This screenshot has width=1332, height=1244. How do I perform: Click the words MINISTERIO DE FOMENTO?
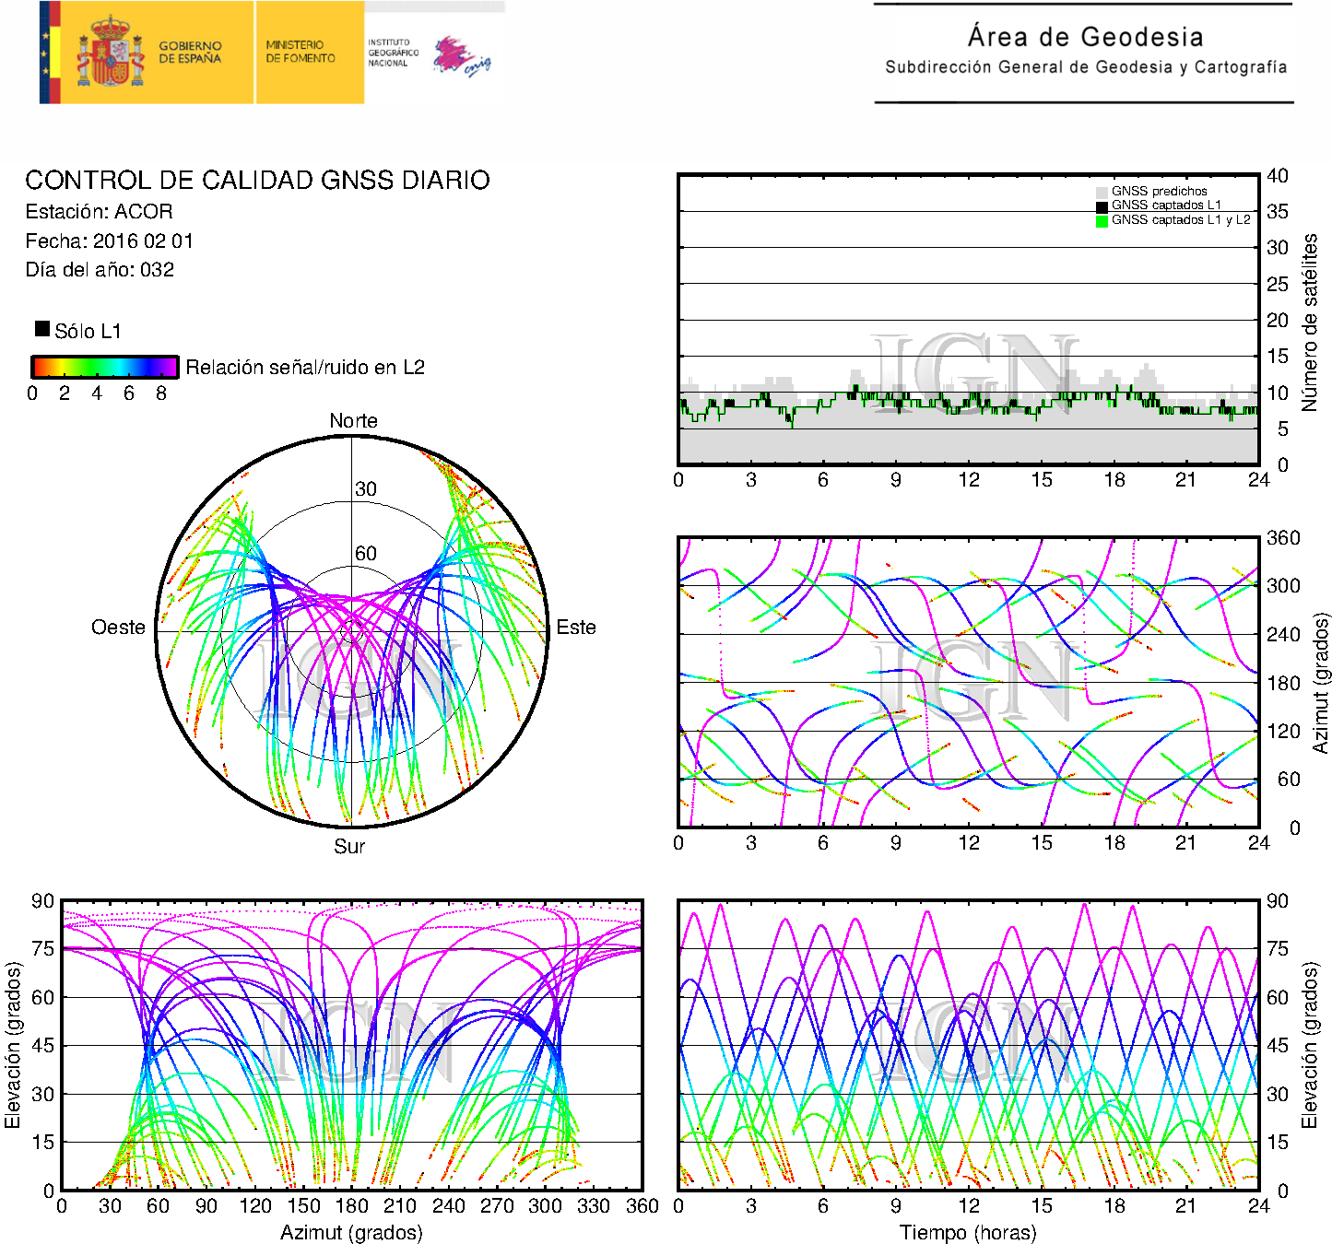[x=301, y=52]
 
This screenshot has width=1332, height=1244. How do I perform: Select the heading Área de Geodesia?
[x=1085, y=36]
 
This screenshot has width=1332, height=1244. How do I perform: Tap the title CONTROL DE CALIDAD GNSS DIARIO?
[x=257, y=180]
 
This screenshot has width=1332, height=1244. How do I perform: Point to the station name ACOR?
[x=144, y=211]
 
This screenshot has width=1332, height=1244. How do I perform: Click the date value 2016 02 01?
[x=143, y=241]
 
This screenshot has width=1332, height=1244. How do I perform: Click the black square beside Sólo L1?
[x=42, y=329]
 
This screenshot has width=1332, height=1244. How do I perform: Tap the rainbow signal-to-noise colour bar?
[x=105, y=367]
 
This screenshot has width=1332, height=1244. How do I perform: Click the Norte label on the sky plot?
[x=353, y=420]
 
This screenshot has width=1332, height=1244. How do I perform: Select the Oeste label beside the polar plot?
[x=118, y=627]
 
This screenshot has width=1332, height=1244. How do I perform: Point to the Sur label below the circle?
[x=349, y=846]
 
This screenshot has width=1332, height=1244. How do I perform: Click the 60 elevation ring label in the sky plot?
[x=366, y=553]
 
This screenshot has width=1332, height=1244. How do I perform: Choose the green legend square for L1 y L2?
[x=1102, y=221]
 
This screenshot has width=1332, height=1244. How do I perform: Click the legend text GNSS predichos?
[x=1159, y=191]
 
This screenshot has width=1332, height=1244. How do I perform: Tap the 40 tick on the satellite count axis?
[x=1278, y=176]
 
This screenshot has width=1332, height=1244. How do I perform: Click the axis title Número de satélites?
[x=1309, y=323]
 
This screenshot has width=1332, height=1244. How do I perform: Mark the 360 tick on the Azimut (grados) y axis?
[x=1283, y=538]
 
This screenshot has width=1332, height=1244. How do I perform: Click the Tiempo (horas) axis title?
[x=968, y=1232]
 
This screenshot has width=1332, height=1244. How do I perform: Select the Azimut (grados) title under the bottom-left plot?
[x=351, y=1232]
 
